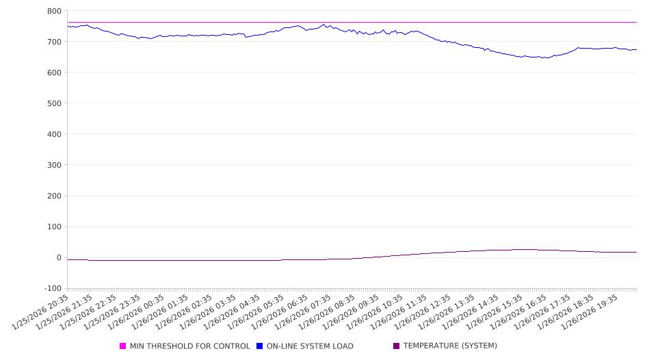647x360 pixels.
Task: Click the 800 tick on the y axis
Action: click(54, 11)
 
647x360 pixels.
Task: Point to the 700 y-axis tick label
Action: click(54, 42)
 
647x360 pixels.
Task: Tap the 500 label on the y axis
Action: click(54, 103)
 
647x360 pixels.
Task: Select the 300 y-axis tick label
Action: click(54, 165)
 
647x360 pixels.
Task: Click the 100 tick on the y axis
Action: click(54, 227)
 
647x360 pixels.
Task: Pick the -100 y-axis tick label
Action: click(52, 288)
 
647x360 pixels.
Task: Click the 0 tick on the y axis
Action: click(59, 258)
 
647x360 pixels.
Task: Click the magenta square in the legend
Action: click(123, 346)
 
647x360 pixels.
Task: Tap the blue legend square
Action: click(260, 346)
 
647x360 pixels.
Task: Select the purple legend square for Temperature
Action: click(397, 346)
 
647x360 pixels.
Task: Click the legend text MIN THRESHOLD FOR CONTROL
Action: click(189, 346)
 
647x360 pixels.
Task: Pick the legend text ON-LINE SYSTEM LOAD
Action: click(310, 346)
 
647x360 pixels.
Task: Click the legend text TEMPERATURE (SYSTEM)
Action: click(450, 346)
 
